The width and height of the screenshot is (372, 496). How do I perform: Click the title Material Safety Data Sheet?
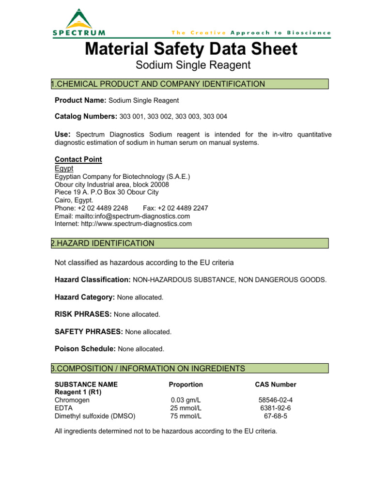(x=191, y=49)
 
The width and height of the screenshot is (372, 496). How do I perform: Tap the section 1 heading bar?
(x=190, y=84)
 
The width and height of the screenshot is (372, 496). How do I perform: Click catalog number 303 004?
(x=217, y=116)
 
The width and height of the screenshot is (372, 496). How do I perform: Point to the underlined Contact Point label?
(x=78, y=159)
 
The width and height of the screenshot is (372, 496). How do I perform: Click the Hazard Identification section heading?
(x=190, y=243)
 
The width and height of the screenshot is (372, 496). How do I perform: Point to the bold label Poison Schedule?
(x=85, y=349)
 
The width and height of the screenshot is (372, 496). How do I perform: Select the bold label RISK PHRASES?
(x=83, y=314)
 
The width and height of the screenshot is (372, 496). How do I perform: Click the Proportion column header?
(x=186, y=385)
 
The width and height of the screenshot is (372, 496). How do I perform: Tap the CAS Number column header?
(x=276, y=385)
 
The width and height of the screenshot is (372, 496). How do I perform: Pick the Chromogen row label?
(x=72, y=401)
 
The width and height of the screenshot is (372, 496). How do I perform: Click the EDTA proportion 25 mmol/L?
(x=186, y=408)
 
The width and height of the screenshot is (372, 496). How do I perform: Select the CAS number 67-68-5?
(x=276, y=416)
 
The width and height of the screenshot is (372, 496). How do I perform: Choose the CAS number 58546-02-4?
(x=276, y=401)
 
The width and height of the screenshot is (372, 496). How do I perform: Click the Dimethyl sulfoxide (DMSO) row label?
(x=95, y=416)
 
